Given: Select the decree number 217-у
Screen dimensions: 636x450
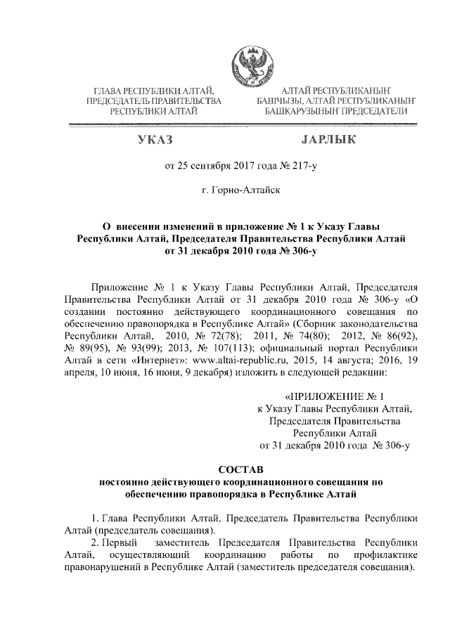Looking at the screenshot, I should coord(304,167).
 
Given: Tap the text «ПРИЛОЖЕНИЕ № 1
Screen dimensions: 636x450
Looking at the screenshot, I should coord(334,396).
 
